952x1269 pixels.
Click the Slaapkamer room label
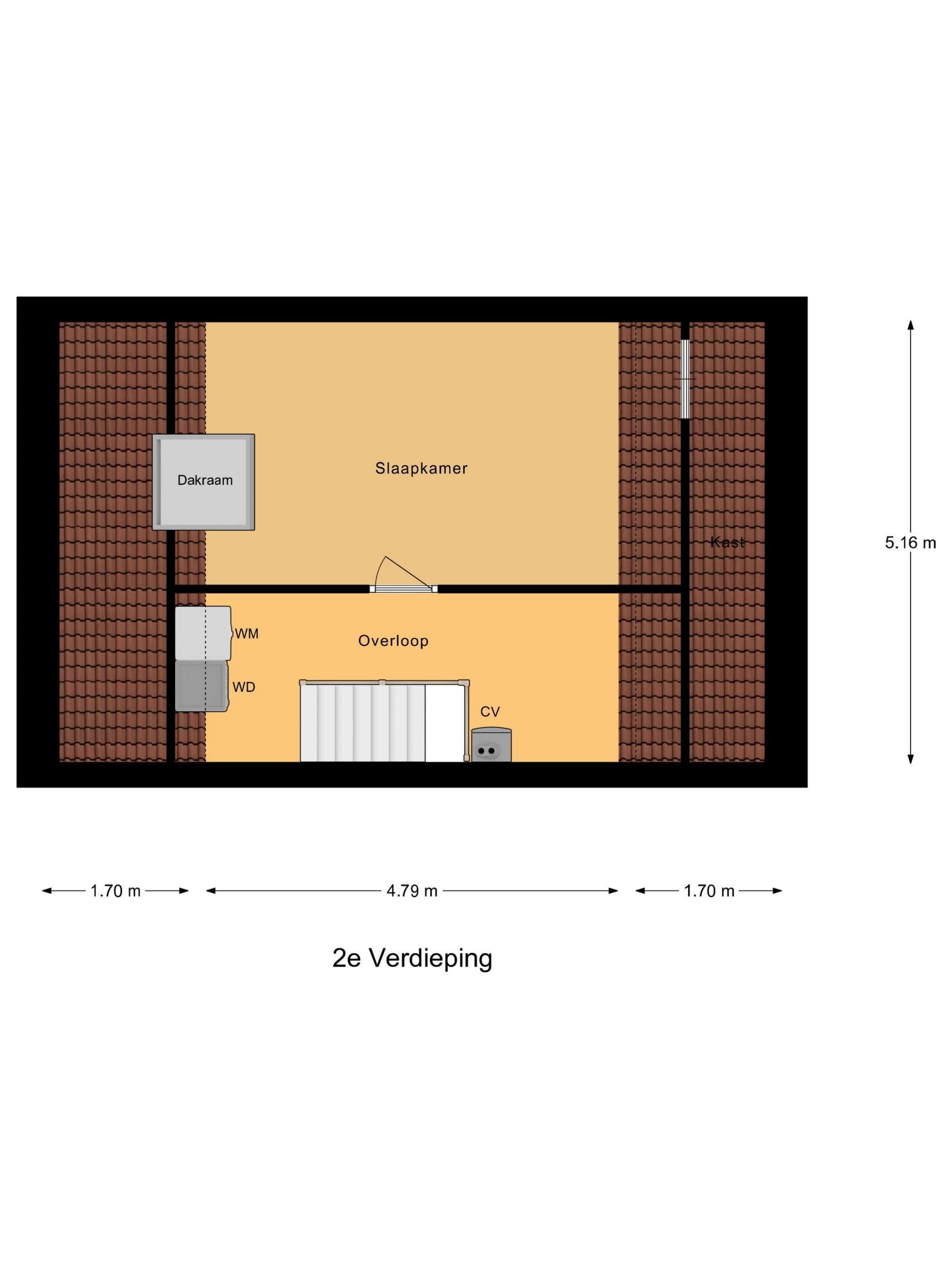pos(421,468)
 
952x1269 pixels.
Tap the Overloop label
pos(393,641)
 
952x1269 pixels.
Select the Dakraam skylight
pos(203,482)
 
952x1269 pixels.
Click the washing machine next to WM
pos(203,633)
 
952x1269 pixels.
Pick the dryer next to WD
pos(202,687)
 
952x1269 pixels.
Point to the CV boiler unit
pos(491,745)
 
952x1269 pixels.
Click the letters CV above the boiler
pos(490,712)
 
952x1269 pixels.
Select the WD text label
pos(244,687)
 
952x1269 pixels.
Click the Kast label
pos(728,542)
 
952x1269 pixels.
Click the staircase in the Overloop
pos(384,721)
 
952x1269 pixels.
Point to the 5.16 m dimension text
pos(910,542)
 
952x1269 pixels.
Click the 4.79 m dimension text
pos(412,891)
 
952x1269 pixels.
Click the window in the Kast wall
pos(685,378)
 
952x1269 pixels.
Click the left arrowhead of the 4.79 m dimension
pos(211,891)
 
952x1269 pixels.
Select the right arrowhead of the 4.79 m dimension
pos(613,891)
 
